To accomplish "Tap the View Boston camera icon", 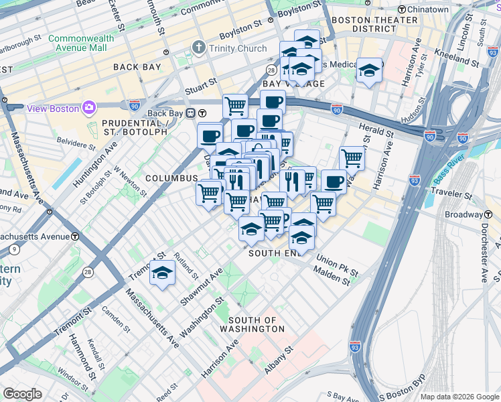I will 88,108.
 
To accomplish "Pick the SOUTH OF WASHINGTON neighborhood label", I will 257,325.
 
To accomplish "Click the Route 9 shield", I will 13,250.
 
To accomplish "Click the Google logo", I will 22,393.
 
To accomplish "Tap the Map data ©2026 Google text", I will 459,397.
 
